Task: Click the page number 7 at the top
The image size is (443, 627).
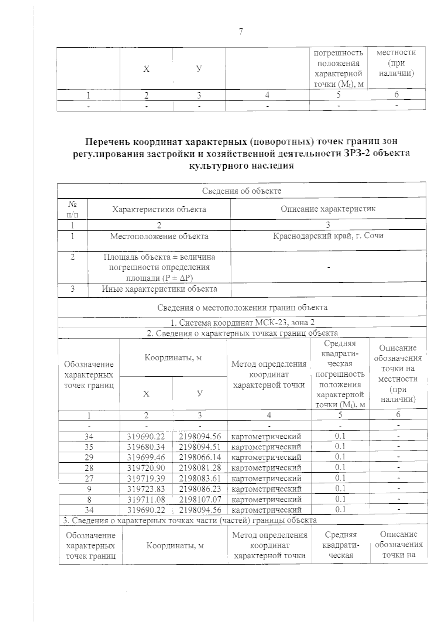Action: pos(241,32)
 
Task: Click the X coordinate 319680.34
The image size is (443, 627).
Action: pos(146,447)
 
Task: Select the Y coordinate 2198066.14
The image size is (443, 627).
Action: pos(200,457)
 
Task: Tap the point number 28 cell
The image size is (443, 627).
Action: pos(89,468)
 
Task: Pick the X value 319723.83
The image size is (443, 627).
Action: pos(146,489)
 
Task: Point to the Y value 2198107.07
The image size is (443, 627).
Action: pos(200,499)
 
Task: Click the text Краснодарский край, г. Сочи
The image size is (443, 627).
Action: pos(328,236)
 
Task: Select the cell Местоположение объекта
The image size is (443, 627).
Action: pos(159,236)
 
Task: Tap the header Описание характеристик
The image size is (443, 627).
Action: pos(328,209)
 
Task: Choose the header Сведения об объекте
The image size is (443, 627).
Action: pos(242,191)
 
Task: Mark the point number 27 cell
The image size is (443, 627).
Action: pos(89,479)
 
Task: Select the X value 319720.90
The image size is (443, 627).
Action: pos(146,468)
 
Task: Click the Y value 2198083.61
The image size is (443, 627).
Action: pos(200,478)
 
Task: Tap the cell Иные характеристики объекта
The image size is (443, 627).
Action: pos(159,289)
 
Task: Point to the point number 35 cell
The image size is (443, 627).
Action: pos(89,447)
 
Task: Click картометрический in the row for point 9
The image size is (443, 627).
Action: pos(266,489)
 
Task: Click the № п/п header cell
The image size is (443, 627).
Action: pos(72,208)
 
